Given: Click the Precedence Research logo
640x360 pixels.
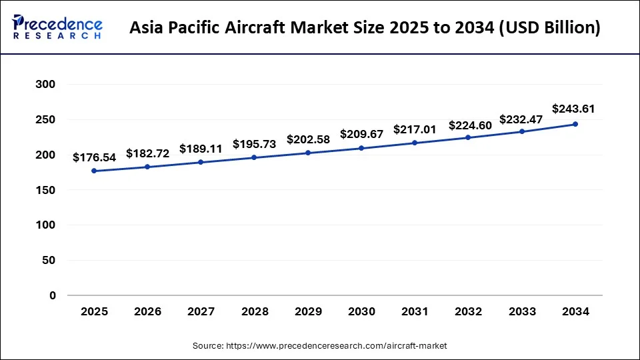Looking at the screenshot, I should click(57, 27).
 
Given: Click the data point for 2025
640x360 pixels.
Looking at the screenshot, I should click(94, 171).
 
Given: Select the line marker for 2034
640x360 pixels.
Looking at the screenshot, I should click(575, 124).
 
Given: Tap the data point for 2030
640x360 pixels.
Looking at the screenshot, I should click(361, 148).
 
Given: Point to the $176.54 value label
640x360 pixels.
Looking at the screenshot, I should click(94, 157).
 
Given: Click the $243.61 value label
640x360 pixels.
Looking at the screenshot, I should click(573, 109).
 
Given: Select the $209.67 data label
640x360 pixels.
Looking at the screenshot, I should click(361, 134).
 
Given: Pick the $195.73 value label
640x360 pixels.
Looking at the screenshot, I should click(254, 144).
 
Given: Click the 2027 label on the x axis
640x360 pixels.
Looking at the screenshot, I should click(201, 311).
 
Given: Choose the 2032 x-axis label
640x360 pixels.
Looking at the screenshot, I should click(468, 311).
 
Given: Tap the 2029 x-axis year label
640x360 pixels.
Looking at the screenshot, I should click(308, 311).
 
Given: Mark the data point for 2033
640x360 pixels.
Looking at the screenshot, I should click(522, 131).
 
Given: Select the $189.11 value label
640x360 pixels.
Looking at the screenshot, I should click(201, 149).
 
